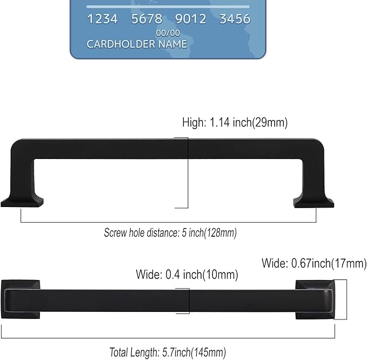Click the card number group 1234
[x=102, y=19]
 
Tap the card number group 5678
[x=146, y=19]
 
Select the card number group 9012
[x=191, y=19]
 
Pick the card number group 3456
[x=235, y=19]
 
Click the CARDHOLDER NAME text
[x=137, y=44]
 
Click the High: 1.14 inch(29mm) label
[x=235, y=123]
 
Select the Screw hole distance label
[x=170, y=233]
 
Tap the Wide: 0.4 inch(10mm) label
[x=187, y=275]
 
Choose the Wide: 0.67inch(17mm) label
[x=314, y=264]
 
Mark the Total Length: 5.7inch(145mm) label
[x=168, y=352]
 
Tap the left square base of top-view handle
[x=21, y=299]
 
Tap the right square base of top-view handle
[x=313, y=299]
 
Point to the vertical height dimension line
[x=188, y=173]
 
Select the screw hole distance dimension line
[x=168, y=222]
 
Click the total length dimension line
[x=168, y=338]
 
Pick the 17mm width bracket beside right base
[x=345, y=299]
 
